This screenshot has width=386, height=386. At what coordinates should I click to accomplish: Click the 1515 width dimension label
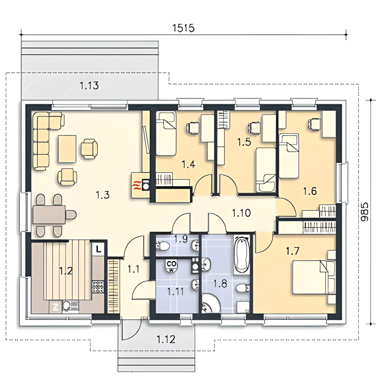tap(183, 28)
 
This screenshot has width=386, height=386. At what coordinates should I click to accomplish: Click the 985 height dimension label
tap(364, 212)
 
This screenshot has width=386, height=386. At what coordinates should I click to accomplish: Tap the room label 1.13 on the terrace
tap(89, 85)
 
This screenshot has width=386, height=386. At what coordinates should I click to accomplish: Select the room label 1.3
tap(103, 195)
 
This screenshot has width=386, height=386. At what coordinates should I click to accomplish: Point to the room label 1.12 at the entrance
tap(166, 339)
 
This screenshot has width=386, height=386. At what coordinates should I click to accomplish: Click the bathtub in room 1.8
tap(242, 254)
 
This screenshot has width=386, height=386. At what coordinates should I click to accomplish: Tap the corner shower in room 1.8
tap(211, 303)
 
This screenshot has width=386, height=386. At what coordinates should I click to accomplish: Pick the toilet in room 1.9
tap(162, 246)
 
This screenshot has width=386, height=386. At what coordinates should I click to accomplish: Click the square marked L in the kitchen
tap(99, 249)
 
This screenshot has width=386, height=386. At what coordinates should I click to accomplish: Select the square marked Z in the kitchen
tap(55, 307)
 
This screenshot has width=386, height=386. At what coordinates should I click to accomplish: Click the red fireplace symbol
tap(136, 185)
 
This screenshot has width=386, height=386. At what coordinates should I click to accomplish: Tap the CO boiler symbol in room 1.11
tap(171, 266)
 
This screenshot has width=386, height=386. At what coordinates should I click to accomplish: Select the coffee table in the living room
tap(67, 149)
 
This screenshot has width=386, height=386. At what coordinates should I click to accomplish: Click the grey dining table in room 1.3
tap(49, 215)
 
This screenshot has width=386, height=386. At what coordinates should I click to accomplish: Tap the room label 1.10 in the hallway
tap(241, 213)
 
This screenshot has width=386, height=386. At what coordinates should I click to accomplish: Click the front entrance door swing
tap(132, 328)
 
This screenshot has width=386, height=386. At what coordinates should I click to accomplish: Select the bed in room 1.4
tap(166, 133)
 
